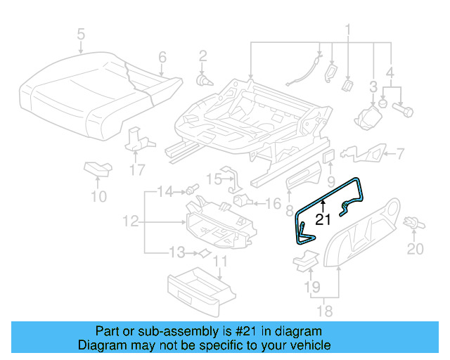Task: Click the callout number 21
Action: click(x=323, y=219)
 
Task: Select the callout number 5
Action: click(x=80, y=33)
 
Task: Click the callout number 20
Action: click(x=416, y=249)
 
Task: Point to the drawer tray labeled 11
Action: click(x=198, y=289)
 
